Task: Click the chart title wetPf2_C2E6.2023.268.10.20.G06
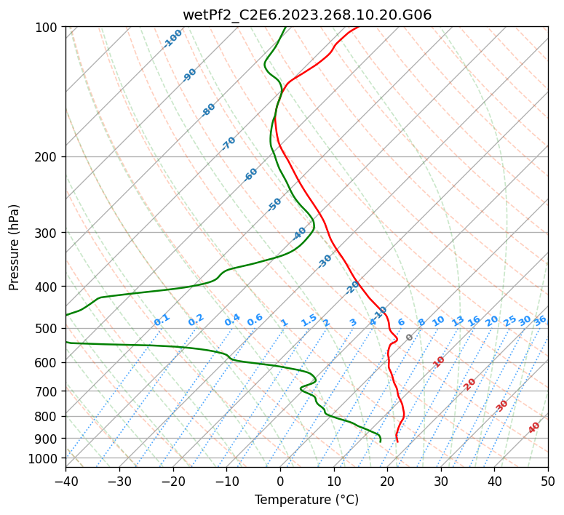(x=306, y=15)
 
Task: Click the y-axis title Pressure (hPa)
(x=15, y=247)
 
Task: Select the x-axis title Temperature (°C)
(x=306, y=500)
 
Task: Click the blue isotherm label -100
(x=172, y=39)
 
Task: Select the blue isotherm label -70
(x=229, y=143)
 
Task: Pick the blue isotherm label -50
(x=274, y=204)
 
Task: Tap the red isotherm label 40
(x=534, y=428)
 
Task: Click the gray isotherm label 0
(x=410, y=338)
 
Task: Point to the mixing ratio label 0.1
(x=162, y=320)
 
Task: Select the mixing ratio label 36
(x=540, y=320)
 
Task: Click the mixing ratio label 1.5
(x=309, y=320)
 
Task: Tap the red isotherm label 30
(x=502, y=406)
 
